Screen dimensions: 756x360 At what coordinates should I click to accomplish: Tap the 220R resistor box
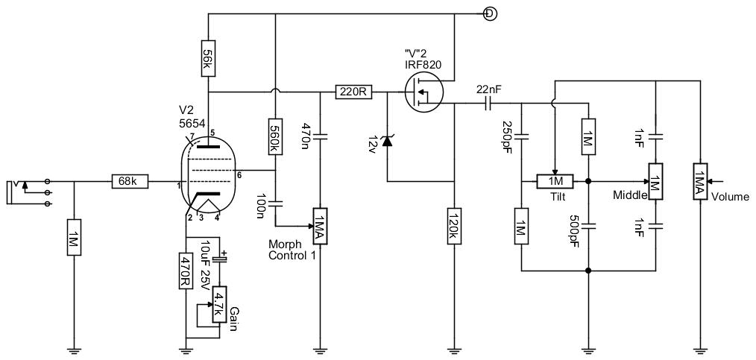354,92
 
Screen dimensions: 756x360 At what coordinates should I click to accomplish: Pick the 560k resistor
275,137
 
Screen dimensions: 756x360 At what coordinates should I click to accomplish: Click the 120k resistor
455,226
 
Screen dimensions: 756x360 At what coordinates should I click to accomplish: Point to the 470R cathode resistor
186,271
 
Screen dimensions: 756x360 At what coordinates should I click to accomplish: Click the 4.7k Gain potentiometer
219,305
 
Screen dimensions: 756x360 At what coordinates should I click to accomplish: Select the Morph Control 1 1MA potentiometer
321,226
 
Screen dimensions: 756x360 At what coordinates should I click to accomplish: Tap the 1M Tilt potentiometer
555,181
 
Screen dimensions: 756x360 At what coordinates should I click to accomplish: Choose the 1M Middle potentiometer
655,181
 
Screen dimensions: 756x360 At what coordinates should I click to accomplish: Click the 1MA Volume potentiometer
699,181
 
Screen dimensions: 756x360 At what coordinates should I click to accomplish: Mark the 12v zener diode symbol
387,141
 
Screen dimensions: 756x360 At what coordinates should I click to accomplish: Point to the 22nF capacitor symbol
488,103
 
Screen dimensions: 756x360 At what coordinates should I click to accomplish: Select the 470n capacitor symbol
321,137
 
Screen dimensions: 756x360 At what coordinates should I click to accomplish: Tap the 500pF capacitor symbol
588,226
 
